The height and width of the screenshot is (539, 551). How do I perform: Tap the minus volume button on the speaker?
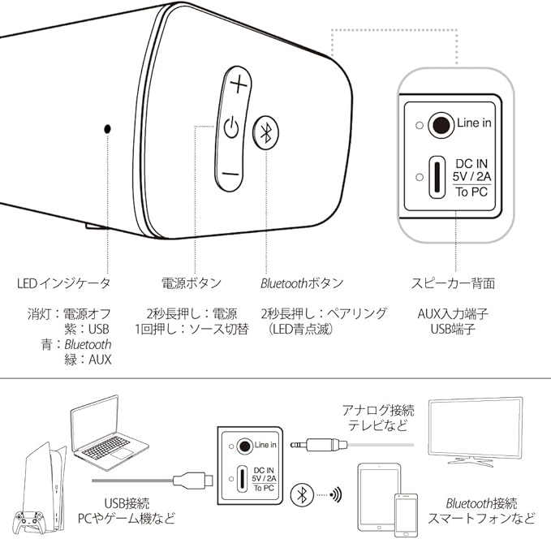(x=230, y=174)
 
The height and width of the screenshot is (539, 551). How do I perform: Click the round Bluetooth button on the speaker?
(x=265, y=134)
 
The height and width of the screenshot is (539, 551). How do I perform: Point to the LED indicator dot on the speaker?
(x=107, y=129)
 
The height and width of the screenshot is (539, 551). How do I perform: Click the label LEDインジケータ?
(x=64, y=283)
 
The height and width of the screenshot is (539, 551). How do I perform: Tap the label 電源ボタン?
(x=191, y=283)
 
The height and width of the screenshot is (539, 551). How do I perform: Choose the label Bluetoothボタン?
(x=302, y=283)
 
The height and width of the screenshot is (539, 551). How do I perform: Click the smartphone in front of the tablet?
(x=407, y=514)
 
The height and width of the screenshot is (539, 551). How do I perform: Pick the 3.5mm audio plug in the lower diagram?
(x=321, y=445)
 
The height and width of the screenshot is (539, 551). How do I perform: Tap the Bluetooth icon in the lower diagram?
(x=303, y=493)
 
